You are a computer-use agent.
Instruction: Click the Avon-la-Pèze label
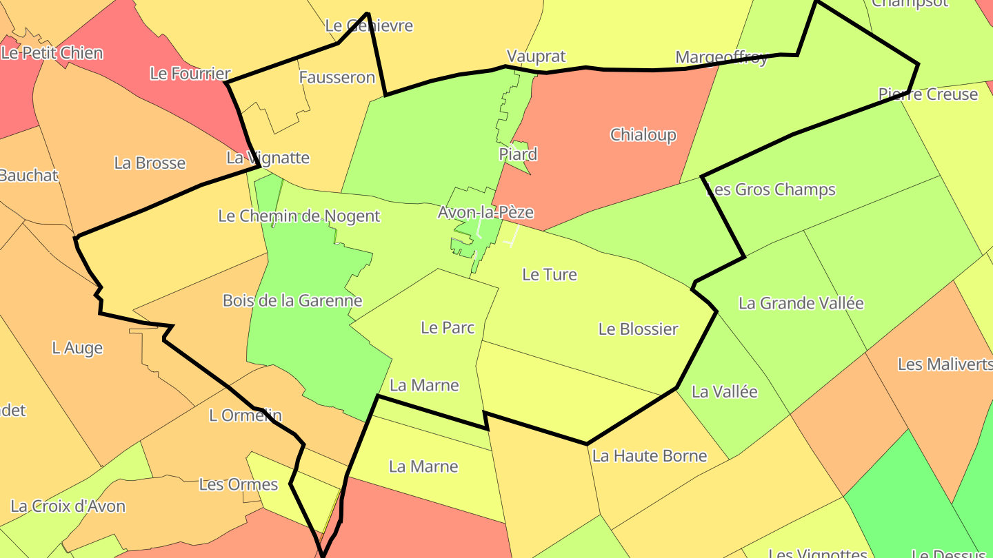click(485, 212)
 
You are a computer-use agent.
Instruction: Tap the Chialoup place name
click(643, 135)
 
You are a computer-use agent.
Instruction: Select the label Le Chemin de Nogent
click(299, 216)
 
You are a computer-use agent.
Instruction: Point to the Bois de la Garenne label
click(292, 301)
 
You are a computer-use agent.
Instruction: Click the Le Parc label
click(448, 328)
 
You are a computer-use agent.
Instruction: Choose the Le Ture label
click(549, 275)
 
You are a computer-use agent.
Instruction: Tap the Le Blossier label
click(638, 329)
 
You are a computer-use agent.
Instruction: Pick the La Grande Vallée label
click(801, 303)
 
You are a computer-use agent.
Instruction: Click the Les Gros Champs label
click(772, 189)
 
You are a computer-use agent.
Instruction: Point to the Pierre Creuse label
click(927, 94)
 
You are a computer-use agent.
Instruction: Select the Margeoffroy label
click(721, 58)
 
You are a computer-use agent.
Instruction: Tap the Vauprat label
click(536, 56)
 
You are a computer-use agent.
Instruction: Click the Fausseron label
click(337, 78)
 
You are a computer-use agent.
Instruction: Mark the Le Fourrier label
click(190, 74)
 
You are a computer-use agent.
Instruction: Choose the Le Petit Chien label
click(52, 53)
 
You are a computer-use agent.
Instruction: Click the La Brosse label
click(150, 163)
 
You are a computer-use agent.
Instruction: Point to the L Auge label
click(77, 349)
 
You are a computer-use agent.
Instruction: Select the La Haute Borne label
click(650, 456)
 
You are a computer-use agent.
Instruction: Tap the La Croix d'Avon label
click(68, 506)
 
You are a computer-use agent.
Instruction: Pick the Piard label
click(518, 154)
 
